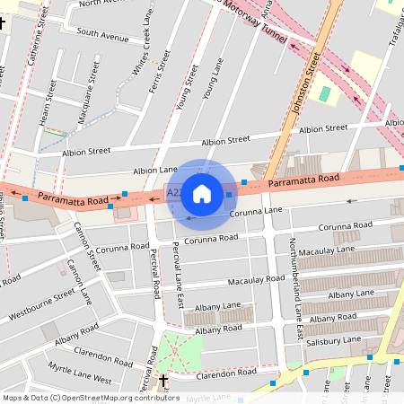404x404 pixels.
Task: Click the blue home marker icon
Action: tap(202, 193)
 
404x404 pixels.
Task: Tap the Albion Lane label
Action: tap(155, 170)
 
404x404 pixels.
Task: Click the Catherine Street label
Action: tap(35, 40)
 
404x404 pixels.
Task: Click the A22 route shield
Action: tap(172, 191)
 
